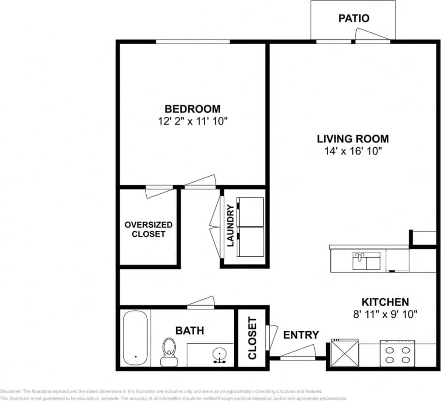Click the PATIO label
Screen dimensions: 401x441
[x=353, y=18]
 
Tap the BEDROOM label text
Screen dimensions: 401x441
[x=192, y=109]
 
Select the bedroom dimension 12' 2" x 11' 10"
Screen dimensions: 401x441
[x=192, y=121]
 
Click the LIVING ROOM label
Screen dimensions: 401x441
[x=352, y=139]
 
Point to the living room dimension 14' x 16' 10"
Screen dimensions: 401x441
[x=353, y=151]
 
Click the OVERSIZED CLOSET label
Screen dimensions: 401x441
[x=148, y=230]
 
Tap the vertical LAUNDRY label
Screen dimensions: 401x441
[x=230, y=226]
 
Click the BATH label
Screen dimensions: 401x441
[x=189, y=331]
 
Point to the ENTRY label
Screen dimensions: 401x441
[x=301, y=335]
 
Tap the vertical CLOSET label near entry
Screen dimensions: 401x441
[x=252, y=338]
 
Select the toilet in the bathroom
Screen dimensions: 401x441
[x=169, y=351]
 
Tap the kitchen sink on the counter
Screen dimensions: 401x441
[x=366, y=261]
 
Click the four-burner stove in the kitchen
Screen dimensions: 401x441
[x=397, y=354]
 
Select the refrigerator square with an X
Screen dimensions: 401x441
[x=345, y=354]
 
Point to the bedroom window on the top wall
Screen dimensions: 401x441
[x=193, y=42]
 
